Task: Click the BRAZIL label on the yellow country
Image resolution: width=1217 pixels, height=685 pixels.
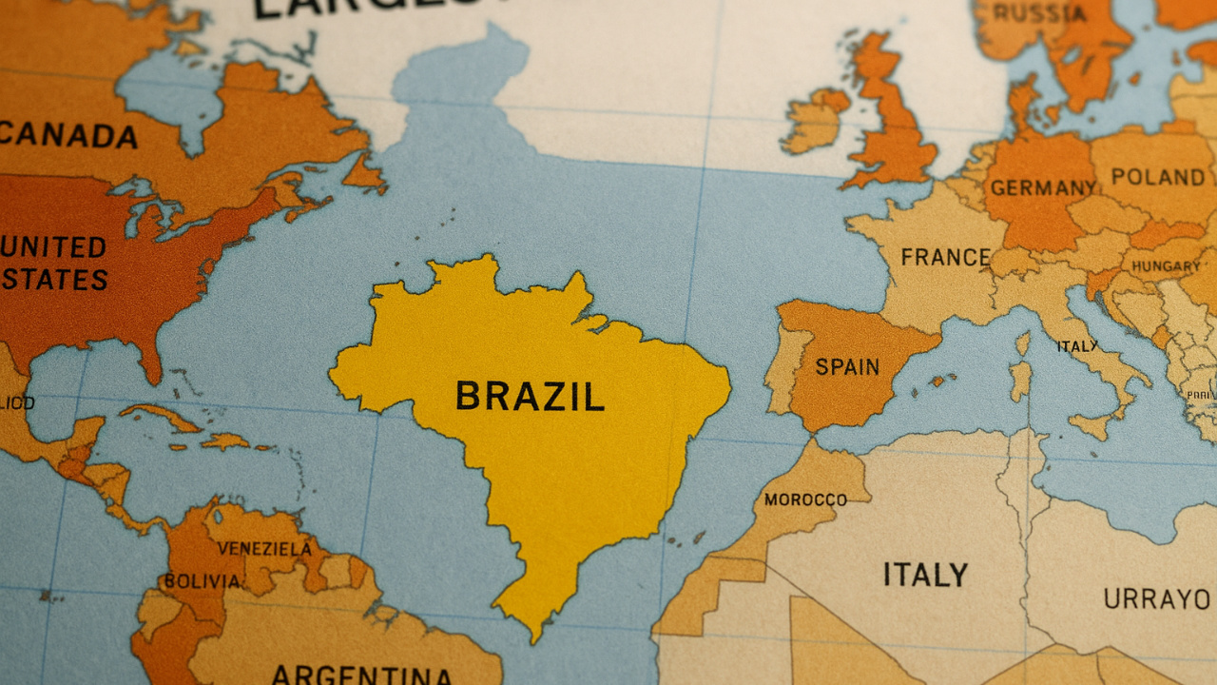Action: [x=530, y=396]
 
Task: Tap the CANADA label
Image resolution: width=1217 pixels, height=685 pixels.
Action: [x=68, y=136]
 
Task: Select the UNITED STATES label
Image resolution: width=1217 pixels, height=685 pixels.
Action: [x=54, y=264]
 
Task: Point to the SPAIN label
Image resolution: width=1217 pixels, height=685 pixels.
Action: [x=848, y=366]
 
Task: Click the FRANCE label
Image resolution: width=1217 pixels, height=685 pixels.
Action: [x=945, y=257]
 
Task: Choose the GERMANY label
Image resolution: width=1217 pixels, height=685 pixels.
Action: [x=1043, y=187]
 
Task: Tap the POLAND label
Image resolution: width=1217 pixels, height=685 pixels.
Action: [x=1157, y=177]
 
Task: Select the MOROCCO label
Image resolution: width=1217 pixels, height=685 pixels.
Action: [x=805, y=499]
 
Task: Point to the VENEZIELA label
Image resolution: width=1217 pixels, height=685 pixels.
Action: [x=263, y=549]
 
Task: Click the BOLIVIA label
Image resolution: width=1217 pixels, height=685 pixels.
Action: [x=202, y=580]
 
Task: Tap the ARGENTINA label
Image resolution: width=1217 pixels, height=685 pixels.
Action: [x=361, y=675]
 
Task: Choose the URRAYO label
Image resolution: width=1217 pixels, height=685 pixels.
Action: [x=1157, y=599]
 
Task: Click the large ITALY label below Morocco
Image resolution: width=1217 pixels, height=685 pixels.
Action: [x=925, y=575]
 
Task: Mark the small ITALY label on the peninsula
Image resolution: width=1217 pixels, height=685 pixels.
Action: [x=1077, y=346]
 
